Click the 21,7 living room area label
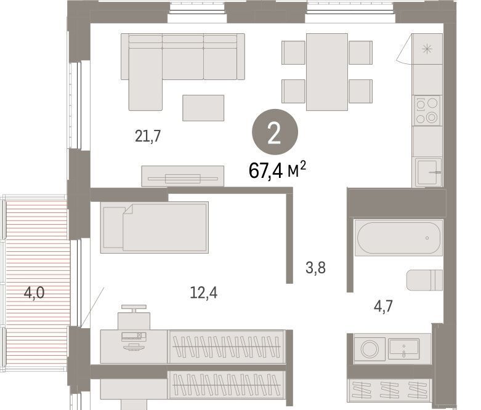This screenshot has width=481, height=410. point(148,136)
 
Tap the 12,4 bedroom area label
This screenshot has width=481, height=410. point(204,292)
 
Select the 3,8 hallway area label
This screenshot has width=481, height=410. point(315,267)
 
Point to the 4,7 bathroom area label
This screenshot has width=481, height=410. point(383,306)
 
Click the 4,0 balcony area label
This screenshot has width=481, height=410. point(34,292)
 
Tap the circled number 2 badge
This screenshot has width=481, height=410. point(275,132)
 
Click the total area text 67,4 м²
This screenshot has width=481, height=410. point(277,170)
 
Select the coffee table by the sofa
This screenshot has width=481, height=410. point(203,108)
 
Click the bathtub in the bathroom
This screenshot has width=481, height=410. point(398,238)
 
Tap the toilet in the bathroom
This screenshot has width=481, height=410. point(424,280)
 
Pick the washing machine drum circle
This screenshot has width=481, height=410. point(370,348)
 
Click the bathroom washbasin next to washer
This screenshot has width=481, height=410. point(403,348)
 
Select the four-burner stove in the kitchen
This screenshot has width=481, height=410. point(427,110)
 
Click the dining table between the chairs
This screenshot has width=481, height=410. point(326,72)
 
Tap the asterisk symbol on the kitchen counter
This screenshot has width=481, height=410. point(427,49)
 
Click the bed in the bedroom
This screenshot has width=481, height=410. point(155,227)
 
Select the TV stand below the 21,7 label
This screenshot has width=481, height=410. point(182,176)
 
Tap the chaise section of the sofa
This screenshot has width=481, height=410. point(145,79)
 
